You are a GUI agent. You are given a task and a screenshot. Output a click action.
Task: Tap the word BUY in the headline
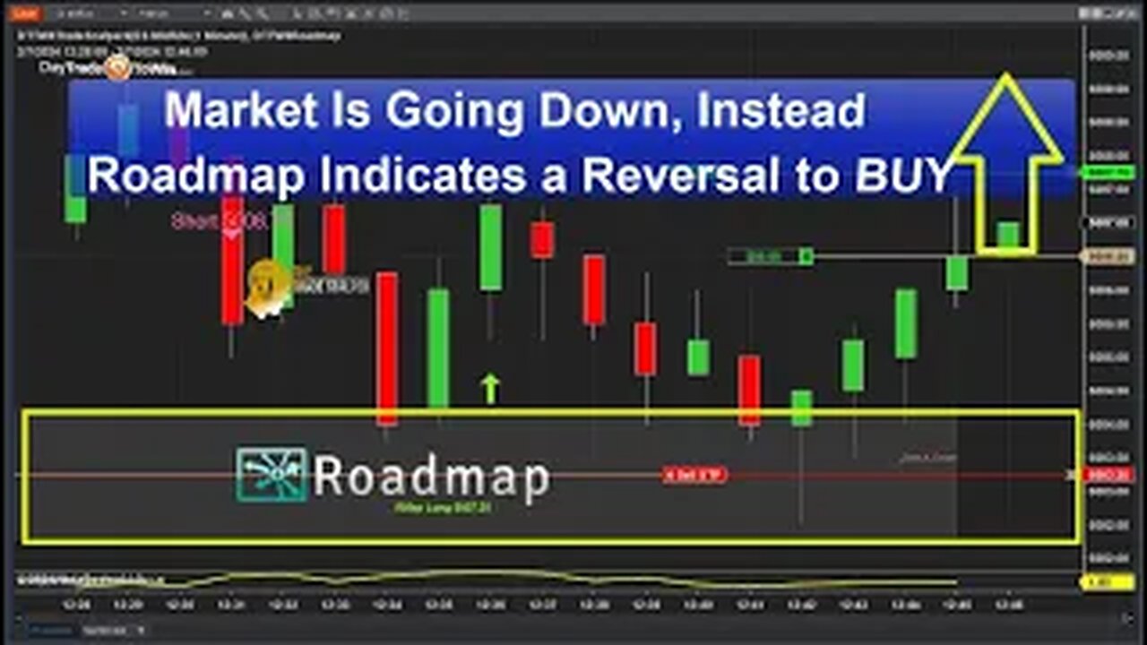901,176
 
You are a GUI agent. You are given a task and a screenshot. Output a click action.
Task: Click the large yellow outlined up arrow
1006,161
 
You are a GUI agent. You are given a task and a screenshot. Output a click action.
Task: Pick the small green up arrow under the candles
489,389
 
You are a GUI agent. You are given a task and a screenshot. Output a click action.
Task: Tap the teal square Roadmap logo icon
272,474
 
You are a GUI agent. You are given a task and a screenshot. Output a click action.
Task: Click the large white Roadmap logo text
430,477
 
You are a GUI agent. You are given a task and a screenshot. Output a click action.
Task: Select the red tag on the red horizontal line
694,475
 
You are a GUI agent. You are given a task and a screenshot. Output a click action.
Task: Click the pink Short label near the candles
220,221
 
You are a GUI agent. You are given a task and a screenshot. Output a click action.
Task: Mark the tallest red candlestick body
387,348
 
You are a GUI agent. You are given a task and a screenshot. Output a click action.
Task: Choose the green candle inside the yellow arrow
1008,235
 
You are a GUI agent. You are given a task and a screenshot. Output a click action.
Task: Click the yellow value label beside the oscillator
1097,582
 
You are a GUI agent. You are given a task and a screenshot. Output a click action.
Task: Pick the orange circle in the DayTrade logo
118,68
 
